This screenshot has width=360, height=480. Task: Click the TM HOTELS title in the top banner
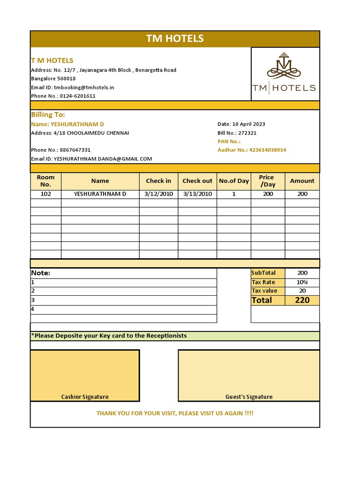click(x=175, y=38)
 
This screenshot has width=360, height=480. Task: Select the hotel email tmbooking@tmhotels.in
click(x=84, y=87)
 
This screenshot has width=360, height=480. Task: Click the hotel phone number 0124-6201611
click(x=77, y=96)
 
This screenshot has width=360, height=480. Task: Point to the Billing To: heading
click(x=48, y=114)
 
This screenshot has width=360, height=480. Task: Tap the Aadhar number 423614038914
click(x=268, y=150)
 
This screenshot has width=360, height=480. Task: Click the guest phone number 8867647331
click(x=75, y=150)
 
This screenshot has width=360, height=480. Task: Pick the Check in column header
click(x=158, y=181)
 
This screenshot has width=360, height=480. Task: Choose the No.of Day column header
click(x=234, y=181)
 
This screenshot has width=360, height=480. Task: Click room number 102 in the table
click(x=46, y=194)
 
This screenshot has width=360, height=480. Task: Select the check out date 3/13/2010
click(x=197, y=194)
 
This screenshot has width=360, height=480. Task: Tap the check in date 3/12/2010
click(x=158, y=194)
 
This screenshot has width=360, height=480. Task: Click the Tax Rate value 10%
click(x=302, y=282)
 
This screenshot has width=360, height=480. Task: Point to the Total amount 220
click(x=302, y=300)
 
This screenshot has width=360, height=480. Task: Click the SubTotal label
click(x=263, y=273)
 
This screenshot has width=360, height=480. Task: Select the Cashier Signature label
click(x=85, y=397)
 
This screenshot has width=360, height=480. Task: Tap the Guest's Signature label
click(x=249, y=397)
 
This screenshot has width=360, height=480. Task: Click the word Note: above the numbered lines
click(x=41, y=273)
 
